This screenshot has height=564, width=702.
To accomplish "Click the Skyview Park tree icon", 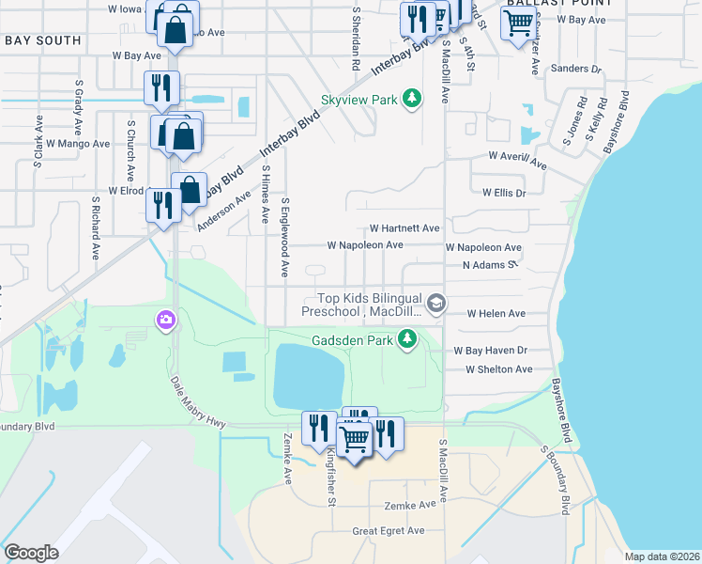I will click(x=410, y=98).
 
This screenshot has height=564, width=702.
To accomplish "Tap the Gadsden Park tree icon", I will click(x=406, y=338).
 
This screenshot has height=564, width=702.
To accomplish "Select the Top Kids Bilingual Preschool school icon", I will click(x=435, y=303).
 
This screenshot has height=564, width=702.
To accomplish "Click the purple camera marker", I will click(x=165, y=321).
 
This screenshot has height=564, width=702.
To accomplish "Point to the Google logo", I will click(x=31, y=553).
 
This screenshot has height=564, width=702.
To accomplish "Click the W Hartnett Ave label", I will click(x=404, y=228).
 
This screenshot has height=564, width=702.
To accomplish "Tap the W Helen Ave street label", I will click(x=496, y=313).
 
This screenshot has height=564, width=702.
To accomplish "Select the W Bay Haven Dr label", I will click(x=490, y=350).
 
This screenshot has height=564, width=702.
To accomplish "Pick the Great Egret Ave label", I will click(x=388, y=531).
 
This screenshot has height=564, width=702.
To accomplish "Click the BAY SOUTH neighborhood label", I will click(x=42, y=41).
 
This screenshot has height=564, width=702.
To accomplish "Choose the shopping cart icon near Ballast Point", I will click(x=518, y=25).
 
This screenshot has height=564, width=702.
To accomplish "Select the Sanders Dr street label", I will click(x=576, y=69).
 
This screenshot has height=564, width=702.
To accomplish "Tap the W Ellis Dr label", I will click(x=504, y=193).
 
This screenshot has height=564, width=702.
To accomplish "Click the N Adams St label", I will click(x=490, y=265).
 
